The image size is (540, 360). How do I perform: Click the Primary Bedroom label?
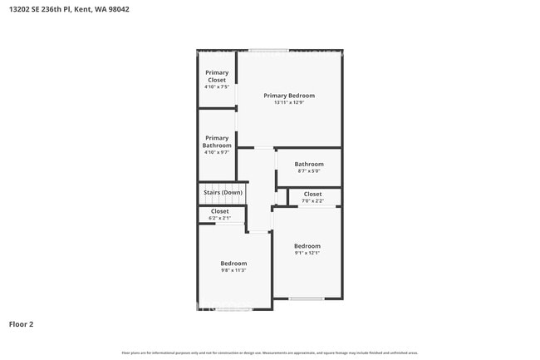pyautogui.click(x=289, y=96)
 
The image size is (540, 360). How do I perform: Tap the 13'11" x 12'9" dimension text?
pyautogui.click(x=289, y=102)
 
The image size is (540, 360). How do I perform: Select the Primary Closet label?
pyautogui.click(x=217, y=76)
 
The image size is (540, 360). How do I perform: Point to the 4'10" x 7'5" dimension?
pyautogui.click(x=217, y=86)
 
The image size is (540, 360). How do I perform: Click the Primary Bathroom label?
pyautogui.click(x=217, y=141)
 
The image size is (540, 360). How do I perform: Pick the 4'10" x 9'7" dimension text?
pyautogui.click(x=217, y=152)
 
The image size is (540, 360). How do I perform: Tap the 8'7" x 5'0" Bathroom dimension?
pyautogui.click(x=309, y=171)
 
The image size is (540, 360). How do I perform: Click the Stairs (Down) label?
pyautogui.click(x=223, y=193)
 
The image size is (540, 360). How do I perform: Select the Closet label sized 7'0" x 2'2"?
pyautogui.click(x=312, y=194)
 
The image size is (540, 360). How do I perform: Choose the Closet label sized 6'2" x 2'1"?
pyautogui.click(x=219, y=211)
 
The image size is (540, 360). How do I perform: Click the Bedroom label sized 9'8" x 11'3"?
pyautogui.click(x=233, y=264)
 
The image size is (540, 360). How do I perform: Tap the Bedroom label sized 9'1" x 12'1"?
pyautogui.click(x=307, y=246)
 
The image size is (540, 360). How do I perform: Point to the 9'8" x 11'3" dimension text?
pyautogui.click(x=233, y=270)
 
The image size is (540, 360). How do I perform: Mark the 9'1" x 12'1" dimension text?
pyautogui.click(x=307, y=253)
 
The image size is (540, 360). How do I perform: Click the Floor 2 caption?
pyautogui.click(x=21, y=323)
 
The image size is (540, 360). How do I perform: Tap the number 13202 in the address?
pyautogui.click(x=18, y=10)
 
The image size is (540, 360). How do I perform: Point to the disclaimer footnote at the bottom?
pyautogui.click(x=270, y=353)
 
